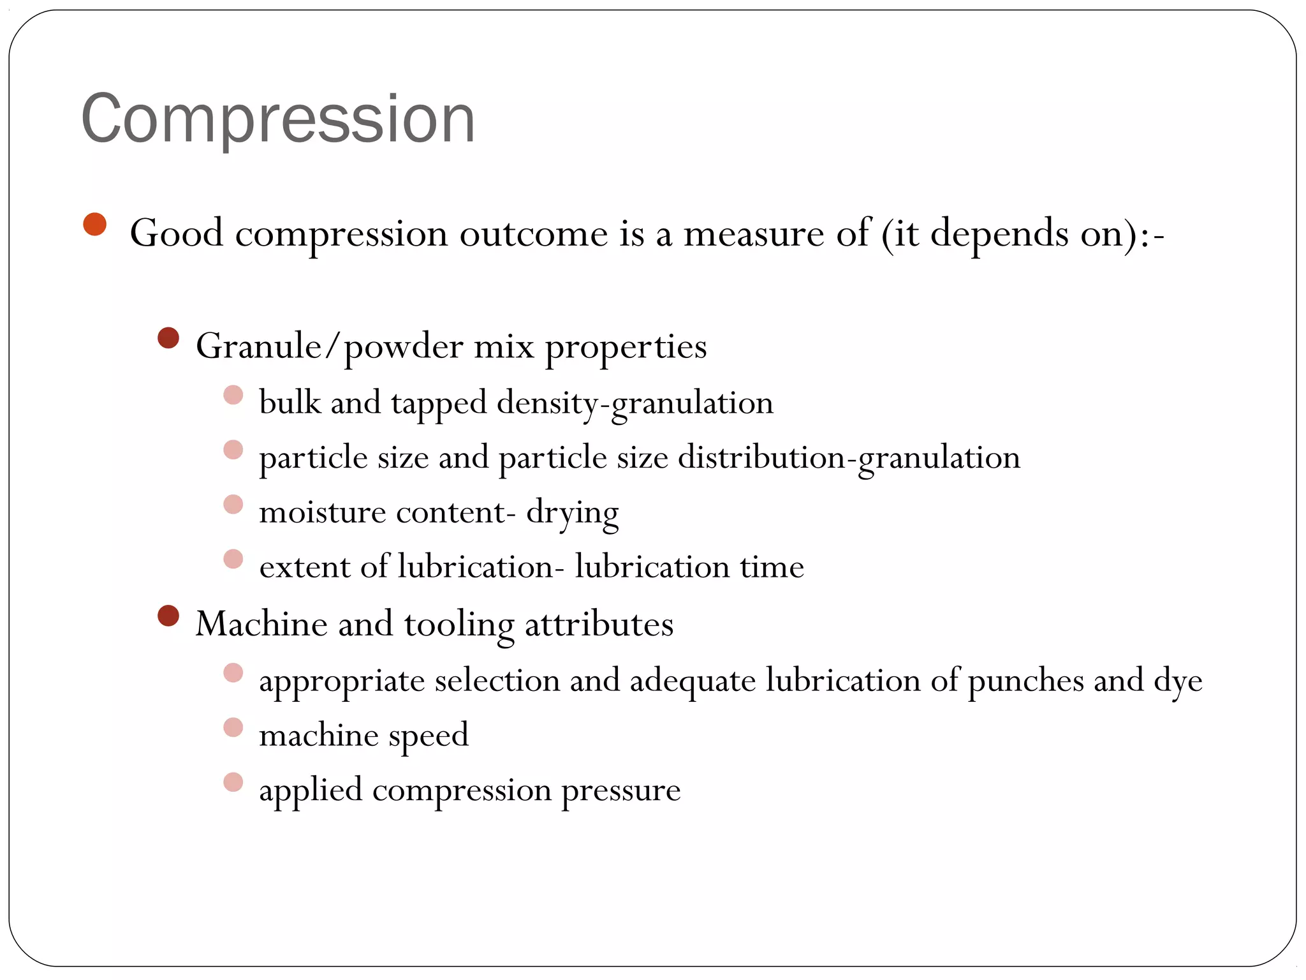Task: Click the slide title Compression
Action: coord(278,119)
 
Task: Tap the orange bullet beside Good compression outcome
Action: coord(95,225)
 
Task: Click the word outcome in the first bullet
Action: coord(533,234)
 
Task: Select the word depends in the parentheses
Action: coord(999,235)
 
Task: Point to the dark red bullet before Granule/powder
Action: coord(168,338)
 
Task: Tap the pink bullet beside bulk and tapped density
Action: coord(233,395)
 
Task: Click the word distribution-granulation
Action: coord(848,458)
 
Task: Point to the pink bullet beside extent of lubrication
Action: coord(233,559)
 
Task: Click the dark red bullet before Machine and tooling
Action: coord(168,616)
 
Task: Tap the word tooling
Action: coord(459,625)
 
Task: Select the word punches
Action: coord(1025,681)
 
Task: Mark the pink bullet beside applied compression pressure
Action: coord(233,782)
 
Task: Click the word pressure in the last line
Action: coord(620,791)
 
